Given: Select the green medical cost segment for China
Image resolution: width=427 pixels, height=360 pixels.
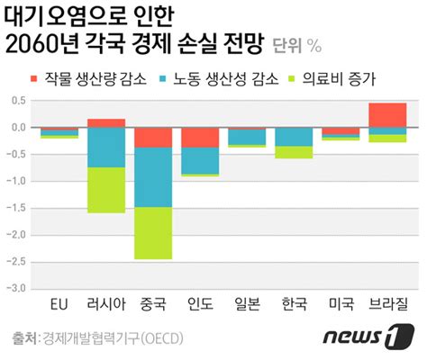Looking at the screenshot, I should click(153, 233).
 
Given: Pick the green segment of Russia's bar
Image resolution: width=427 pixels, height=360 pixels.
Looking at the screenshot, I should click(106, 190).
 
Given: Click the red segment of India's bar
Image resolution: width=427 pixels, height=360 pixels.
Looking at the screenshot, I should click(200, 137).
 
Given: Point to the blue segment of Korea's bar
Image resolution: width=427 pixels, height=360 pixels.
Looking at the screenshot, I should click(294, 137).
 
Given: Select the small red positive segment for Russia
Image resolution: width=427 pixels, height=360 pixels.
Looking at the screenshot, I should click(106, 122).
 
